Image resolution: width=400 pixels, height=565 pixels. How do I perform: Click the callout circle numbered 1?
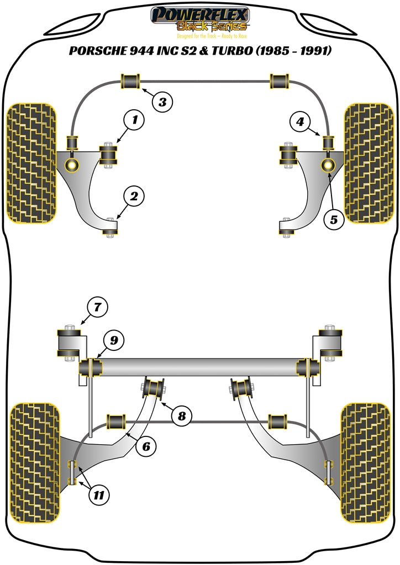point(134,120)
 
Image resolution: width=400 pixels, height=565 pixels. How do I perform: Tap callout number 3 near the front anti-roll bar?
point(162,102)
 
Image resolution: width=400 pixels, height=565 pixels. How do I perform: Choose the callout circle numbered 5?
point(333,220)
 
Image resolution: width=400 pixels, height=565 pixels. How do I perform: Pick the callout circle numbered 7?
point(97,306)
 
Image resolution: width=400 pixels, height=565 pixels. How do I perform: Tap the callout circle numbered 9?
point(113,340)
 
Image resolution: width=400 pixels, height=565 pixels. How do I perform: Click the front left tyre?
point(31,163)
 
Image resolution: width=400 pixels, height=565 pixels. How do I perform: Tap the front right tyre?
point(369,163)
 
